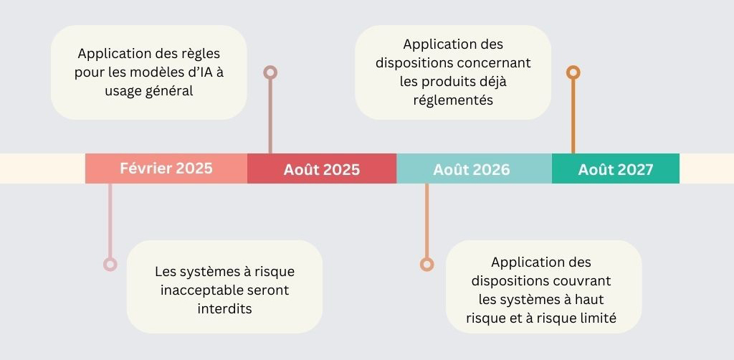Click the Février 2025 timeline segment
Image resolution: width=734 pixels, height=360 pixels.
(166, 169)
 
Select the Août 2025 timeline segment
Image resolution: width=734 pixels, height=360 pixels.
(322, 169)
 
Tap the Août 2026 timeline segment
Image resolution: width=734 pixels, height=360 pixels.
(474, 169)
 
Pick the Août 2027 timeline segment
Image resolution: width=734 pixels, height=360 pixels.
(616, 169)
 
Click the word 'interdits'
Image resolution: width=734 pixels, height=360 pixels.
(224, 309)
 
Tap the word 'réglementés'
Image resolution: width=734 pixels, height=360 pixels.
(453, 100)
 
